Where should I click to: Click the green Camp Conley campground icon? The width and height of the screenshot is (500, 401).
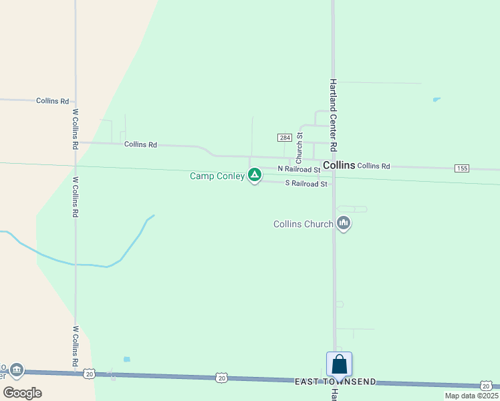pos(254,175)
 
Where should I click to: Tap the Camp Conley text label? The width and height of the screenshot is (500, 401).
pos(217,176)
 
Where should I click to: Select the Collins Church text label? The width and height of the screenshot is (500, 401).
pos(303,224)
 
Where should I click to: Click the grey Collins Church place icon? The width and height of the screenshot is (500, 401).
pos(344,223)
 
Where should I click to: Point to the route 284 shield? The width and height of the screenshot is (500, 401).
pos(284,137)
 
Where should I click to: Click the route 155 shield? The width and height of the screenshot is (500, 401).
pos(461,168)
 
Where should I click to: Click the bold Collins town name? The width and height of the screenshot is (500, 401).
pos(338,164)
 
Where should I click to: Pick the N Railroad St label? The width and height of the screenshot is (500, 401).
pos(299,170)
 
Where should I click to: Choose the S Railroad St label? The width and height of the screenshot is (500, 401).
pos(306,183)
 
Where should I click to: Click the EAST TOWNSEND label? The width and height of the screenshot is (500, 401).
pos(336,382)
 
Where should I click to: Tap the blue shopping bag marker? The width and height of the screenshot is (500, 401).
pos(340,364)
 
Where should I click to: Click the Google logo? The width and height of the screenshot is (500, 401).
pos(22,392)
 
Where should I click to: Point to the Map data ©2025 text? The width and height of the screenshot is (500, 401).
pos(471,396)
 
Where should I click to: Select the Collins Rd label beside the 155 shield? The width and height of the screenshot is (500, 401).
pos(373,166)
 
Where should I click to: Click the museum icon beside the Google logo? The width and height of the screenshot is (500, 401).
pos(17,369)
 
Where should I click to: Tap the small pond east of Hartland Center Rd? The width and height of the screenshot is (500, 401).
pos(436,100)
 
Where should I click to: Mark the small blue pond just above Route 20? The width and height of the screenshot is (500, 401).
pos(127,359)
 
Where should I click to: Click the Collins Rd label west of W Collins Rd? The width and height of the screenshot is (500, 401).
pos(53,101)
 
